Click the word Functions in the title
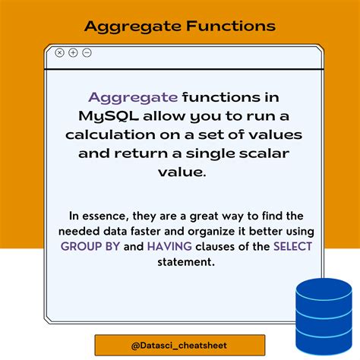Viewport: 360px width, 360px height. [231, 26]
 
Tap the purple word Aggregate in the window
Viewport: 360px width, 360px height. [133, 98]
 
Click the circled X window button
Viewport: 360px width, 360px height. [59, 52]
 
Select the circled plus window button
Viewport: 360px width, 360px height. [73, 52]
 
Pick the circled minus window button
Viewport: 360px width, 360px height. [87, 52]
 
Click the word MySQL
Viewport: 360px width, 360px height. [109, 117]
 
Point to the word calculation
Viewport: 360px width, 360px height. [110, 134]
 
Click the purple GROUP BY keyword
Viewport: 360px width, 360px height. [90, 246]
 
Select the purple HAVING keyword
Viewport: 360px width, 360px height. [169, 246]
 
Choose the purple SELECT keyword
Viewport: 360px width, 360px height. [292, 246]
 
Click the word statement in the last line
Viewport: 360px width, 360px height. [186, 262]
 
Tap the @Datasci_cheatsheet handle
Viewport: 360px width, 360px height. [179, 346]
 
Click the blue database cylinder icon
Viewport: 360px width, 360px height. [324, 317]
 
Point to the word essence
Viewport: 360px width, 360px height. [104, 216]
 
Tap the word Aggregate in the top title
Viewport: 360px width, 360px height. [133, 27]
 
